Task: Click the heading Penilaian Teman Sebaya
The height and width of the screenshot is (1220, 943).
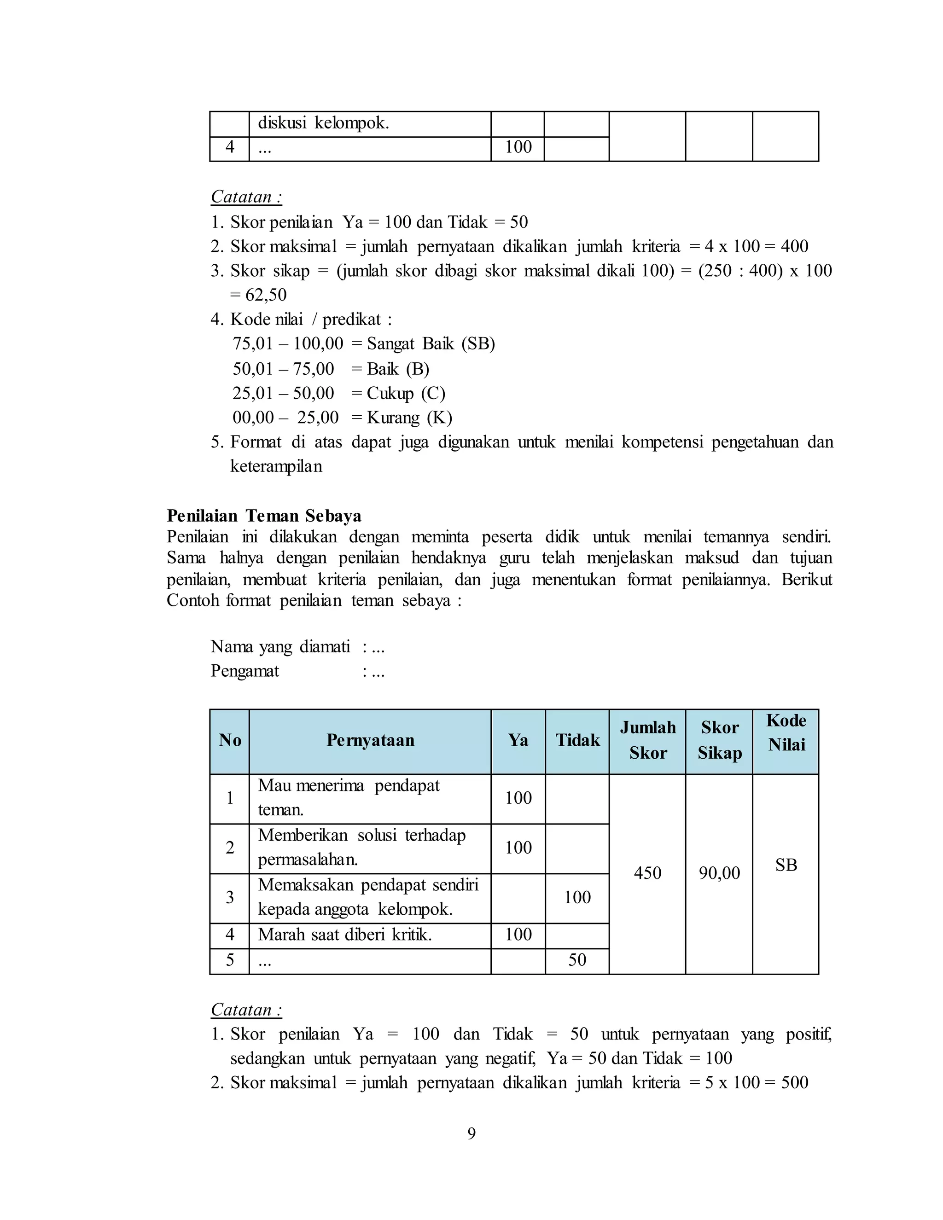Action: pyautogui.click(x=264, y=515)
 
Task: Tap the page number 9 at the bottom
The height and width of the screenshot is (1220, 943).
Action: pyautogui.click(x=471, y=1133)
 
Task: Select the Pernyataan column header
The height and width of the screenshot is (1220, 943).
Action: pyautogui.click(x=370, y=740)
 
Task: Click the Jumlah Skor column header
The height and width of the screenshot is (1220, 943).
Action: pyautogui.click(x=647, y=740)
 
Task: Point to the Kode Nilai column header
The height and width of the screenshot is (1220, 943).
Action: pyautogui.click(x=786, y=732)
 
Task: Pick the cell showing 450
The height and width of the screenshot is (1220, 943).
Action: pyautogui.click(x=647, y=872)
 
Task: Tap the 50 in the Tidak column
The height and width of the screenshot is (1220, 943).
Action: pyautogui.click(x=577, y=960)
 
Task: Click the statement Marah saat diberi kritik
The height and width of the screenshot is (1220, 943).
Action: pyautogui.click(x=345, y=934)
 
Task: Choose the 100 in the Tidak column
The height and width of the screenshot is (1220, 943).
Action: pyautogui.click(x=577, y=897)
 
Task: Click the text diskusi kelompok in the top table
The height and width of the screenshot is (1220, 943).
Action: pyautogui.click(x=323, y=122)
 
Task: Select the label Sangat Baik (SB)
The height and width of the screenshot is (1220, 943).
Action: pyautogui.click(x=431, y=343)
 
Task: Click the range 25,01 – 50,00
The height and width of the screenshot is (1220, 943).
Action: pyautogui.click(x=283, y=393)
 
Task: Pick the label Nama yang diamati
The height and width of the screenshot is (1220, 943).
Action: pyautogui.click(x=280, y=646)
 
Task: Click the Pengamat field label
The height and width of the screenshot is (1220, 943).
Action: pyautogui.click(x=244, y=670)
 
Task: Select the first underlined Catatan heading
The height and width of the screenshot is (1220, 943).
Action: pyautogui.click(x=246, y=197)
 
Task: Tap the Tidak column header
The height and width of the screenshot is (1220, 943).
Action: pyautogui.click(x=577, y=740)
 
